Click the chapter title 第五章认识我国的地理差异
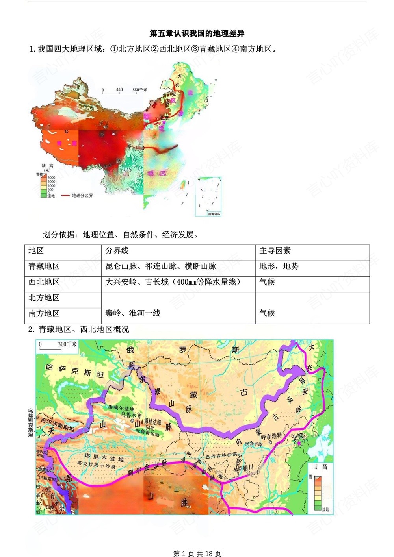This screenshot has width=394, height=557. coord(197,33)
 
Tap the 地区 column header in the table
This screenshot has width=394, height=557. coord(36,251)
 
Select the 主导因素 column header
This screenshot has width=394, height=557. coord(275,251)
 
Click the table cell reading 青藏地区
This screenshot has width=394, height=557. coord(44,266)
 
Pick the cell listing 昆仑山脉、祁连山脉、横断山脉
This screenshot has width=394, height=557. coord(161,266)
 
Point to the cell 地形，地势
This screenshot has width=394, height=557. coord(279,266)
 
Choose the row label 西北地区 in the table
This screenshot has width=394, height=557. coord(44,282)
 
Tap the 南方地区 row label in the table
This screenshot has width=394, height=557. coord(44,314)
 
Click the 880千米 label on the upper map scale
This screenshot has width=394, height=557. coord(139,90)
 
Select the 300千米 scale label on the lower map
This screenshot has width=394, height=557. coord(67,344)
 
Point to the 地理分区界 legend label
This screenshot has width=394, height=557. coord(82,196)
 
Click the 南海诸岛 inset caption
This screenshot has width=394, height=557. coord(214,214)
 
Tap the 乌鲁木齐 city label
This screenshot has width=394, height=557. coord(131,415)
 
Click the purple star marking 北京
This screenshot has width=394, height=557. coord(299,444)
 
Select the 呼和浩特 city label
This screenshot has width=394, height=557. coord(271,436)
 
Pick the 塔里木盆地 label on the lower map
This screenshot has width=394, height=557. coord(104,458)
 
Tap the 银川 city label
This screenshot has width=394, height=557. coord(248,468)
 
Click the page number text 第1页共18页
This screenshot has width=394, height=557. coord(197,553)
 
